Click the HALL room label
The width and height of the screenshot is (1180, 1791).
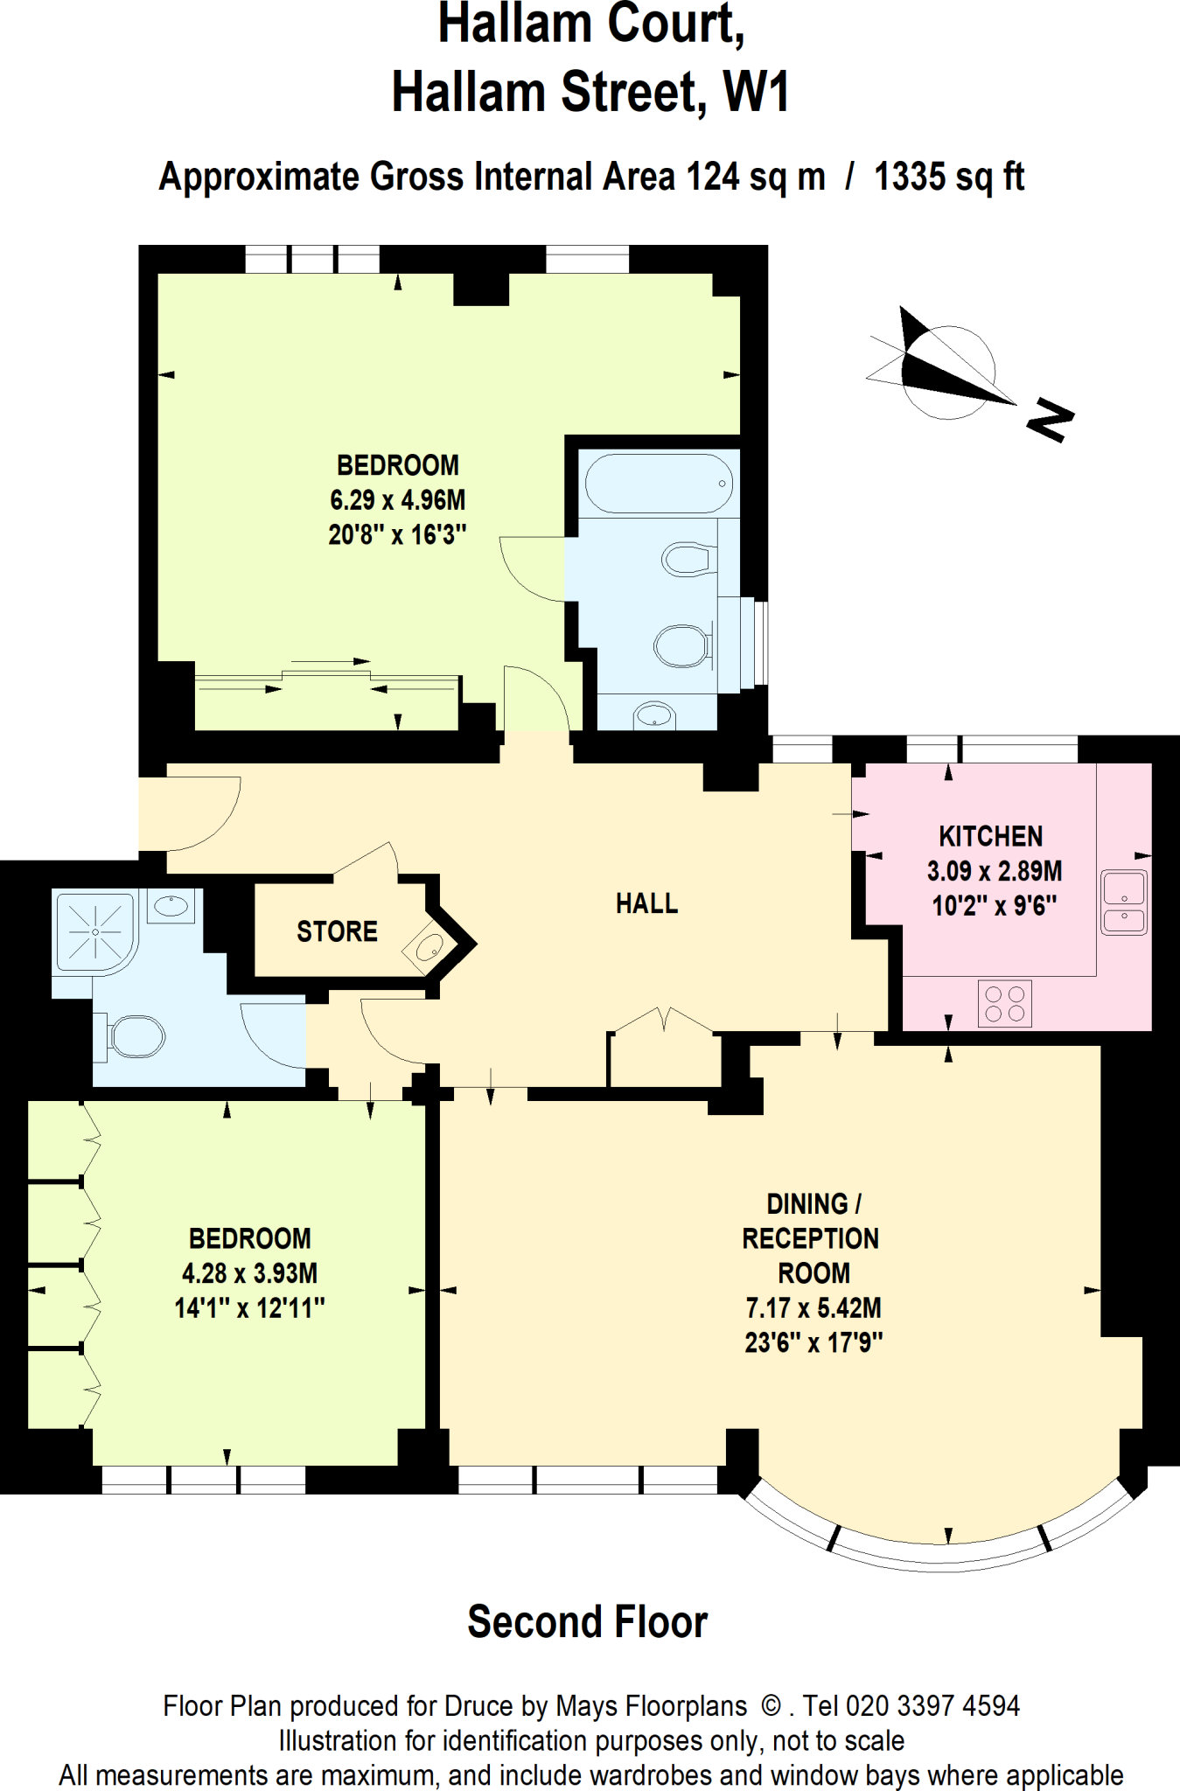click(x=646, y=903)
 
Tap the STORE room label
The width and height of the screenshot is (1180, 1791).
click(x=337, y=932)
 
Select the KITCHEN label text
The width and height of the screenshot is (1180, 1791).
click(x=990, y=837)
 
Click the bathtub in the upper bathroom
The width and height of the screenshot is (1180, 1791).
click(x=659, y=483)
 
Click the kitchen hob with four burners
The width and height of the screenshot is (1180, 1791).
click(x=1004, y=1003)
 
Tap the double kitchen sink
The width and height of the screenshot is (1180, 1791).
click(x=1124, y=902)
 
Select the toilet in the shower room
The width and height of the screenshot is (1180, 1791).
click(x=131, y=1037)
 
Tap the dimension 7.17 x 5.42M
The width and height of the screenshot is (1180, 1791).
click(x=813, y=1308)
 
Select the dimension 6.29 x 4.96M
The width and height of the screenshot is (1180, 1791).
click(x=397, y=500)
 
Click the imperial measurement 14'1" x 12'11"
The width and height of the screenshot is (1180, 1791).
click(x=249, y=1308)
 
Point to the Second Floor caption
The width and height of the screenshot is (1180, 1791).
click(x=587, y=1622)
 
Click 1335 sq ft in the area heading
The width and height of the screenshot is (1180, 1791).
click(x=948, y=178)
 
